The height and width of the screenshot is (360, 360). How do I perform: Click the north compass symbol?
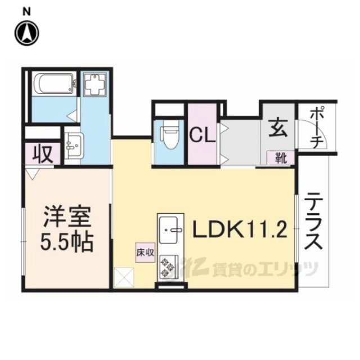click(x=26, y=33)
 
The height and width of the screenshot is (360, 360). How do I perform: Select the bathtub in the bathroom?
click(x=53, y=85)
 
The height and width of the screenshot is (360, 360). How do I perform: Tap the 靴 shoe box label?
click(x=280, y=157)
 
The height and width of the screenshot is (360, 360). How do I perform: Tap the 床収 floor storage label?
click(x=144, y=253)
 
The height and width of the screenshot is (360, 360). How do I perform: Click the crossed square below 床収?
click(x=123, y=277)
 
